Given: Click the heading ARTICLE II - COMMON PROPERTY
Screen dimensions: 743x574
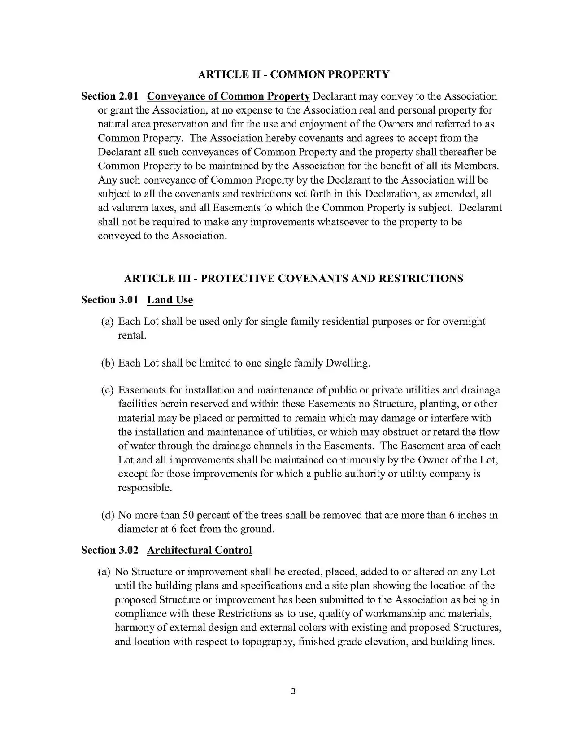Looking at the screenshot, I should [x=293, y=74].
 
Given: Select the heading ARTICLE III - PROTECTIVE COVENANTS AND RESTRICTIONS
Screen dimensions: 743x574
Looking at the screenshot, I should [x=293, y=279].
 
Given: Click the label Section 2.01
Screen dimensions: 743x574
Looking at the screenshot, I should [x=109, y=96].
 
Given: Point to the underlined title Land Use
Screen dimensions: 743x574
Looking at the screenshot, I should [x=170, y=300].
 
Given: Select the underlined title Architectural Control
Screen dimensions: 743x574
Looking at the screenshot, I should [x=199, y=551].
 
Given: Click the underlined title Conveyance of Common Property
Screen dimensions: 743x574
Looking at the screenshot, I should [x=228, y=96].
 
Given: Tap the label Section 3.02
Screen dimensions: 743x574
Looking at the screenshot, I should [x=109, y=551].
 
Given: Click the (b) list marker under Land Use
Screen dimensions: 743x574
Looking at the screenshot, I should [x=108, y=363].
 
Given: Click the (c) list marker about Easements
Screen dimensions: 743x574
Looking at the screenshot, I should [x=108, y=390].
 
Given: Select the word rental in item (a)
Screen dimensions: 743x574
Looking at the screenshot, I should [x=131, y=336].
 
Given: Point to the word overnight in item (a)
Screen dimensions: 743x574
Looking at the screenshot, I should [x=463, y=322].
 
